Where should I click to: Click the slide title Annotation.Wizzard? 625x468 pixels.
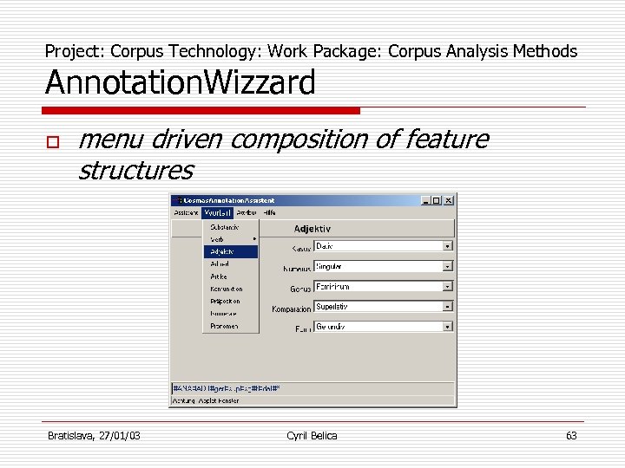pos(180,84)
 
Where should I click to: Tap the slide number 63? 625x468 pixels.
pos(570,435)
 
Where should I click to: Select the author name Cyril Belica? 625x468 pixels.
pos(312,435)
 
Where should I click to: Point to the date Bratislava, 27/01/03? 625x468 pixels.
pos(93,435)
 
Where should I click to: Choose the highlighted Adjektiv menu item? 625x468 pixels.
pos(231,251)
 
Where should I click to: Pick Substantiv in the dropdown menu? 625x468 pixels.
pos(225,227)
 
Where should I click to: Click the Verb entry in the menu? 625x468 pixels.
pos(218,239)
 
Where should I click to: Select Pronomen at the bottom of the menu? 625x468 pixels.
pos(224,326)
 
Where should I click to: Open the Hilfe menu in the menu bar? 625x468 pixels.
pos(270,211)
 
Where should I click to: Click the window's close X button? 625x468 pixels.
pos(449,199)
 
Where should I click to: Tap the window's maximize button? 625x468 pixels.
pos(437,199)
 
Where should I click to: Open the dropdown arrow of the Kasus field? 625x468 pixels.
pos(448,246)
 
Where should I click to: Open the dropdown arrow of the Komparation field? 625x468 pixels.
pos(448,307)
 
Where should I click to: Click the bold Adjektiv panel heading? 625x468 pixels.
pos(312,229)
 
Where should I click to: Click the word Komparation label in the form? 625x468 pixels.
pos(291,309)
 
